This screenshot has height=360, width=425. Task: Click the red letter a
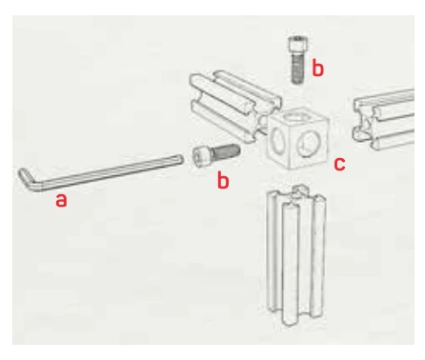61,201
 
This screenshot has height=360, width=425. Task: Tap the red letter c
339,164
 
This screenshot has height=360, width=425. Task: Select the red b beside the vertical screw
317,68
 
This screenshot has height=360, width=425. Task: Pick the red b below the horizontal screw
223,180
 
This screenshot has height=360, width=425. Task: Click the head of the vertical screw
299,44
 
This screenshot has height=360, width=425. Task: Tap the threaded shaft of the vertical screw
297,69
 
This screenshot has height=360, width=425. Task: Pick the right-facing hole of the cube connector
309,144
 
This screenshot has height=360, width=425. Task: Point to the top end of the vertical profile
296,194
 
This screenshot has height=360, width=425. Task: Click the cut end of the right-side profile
365,123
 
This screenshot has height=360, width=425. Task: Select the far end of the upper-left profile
203,92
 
